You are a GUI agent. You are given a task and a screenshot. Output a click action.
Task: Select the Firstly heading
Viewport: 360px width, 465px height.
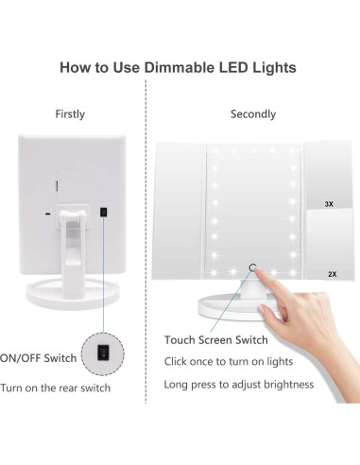click(x=70, y=114)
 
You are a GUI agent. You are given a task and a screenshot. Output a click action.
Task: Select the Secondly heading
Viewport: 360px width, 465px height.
click(x=253, y=114)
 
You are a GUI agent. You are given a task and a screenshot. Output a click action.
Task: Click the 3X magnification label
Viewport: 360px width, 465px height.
click(x=327, y=203)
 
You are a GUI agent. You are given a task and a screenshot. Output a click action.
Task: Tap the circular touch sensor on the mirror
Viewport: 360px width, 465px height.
click(x=253, y=267)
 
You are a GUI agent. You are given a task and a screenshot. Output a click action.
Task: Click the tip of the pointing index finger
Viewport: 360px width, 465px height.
click(x=262, y=273)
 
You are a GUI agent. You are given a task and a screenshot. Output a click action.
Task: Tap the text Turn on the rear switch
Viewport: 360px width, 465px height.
click(x=56, y=387)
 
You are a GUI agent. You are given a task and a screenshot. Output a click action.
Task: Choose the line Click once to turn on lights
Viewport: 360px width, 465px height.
click(x=228, y=361)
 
